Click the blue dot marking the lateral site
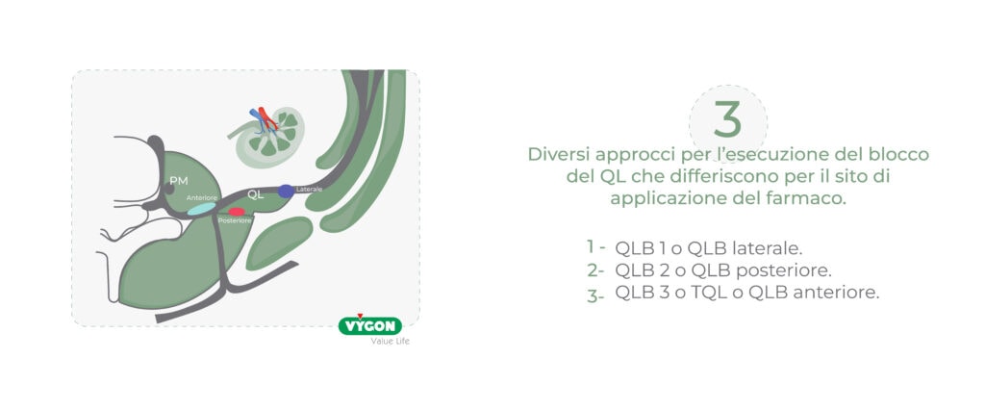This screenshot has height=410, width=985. pos(286,192)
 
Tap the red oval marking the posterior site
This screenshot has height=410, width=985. pos(237,212)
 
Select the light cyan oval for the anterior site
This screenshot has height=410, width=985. pos(202,209)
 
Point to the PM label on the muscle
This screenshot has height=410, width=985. pos(178,181)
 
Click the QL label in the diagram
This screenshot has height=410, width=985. pos(255,194)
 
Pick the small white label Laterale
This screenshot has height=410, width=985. pos(309,189)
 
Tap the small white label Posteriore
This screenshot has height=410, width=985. pos(235,220)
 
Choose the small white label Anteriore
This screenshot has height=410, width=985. pos(202,197)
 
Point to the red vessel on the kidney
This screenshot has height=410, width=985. pos(267,118)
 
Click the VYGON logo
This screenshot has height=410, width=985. pos(370,325)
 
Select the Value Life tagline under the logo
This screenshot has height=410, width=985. pos(390,342)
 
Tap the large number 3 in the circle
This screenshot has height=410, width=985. pos(727,120)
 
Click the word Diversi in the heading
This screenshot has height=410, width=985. pos(560,154)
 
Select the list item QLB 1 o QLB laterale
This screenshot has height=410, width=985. pos(709,247)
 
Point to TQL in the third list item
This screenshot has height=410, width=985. pos(707,293)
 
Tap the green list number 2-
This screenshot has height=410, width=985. pos(595,270)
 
